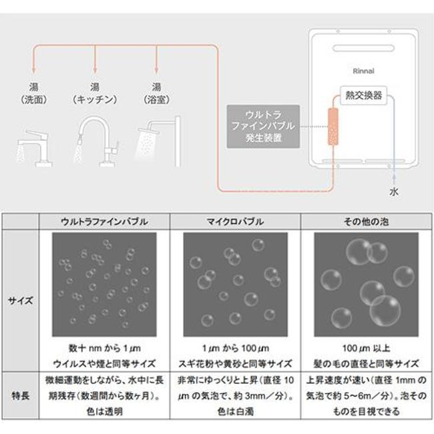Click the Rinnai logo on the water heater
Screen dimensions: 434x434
[363, 71]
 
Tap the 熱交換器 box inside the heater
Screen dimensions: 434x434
[363, 95]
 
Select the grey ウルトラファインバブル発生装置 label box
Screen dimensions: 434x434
[263, 126]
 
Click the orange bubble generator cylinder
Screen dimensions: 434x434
[333, 126]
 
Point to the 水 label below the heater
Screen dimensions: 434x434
[394, 192]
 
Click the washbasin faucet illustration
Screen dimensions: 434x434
[34, 148]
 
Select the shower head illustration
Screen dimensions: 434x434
[158, 142]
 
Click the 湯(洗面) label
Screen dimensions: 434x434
[34, 93]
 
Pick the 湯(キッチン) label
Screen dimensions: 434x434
[95, 93]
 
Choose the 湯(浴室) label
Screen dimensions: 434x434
[156, 93]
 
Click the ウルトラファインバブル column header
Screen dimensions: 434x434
[104, 222]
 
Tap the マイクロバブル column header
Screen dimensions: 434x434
[235, 222]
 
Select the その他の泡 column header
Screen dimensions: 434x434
[366, 222]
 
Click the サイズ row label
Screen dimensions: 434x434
[21, 300]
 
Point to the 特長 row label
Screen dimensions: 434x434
[21, 395]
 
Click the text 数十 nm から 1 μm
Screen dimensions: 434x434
[105, 348]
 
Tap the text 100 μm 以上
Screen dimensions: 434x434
[366, 348]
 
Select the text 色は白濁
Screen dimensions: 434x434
[235, 411]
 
